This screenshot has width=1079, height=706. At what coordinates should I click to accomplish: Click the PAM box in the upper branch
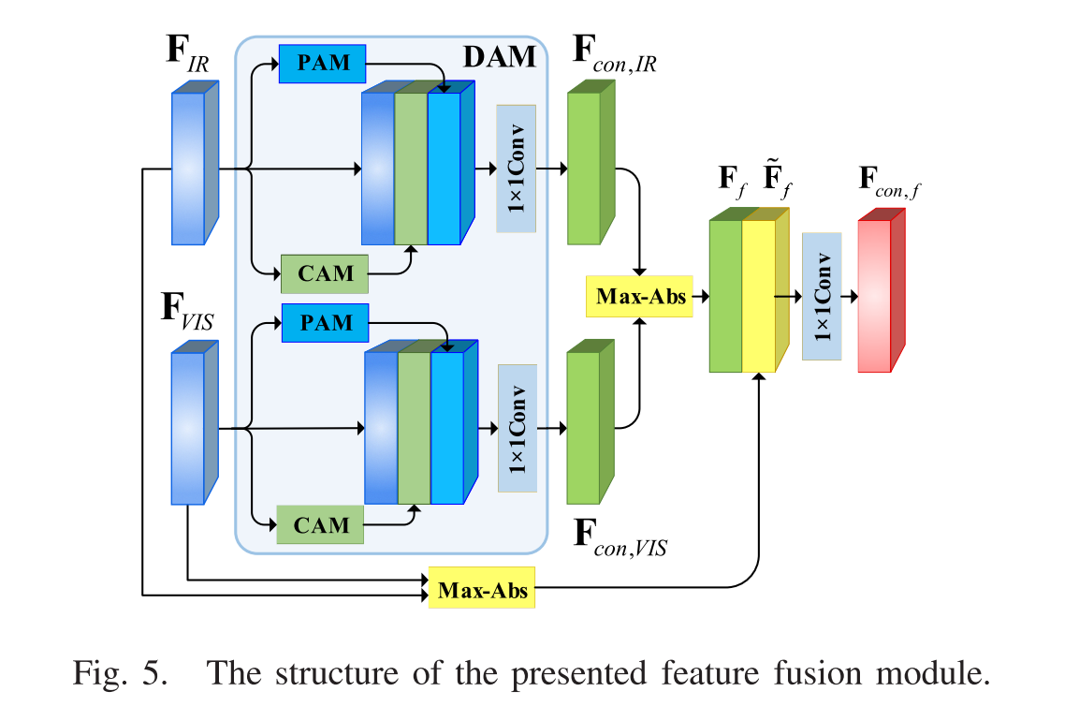click(x=323, y=63)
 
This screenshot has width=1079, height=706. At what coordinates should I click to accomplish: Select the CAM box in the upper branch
click(x=325, y=273)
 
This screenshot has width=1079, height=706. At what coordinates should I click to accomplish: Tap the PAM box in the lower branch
click(x=325, y=322)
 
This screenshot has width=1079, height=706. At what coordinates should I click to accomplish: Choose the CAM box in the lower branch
click(x=320, y=524)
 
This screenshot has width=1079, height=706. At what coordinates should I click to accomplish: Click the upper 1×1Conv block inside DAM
click(x=516, y=169)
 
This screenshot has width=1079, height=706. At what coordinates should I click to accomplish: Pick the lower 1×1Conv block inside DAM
click(x=518, y=428)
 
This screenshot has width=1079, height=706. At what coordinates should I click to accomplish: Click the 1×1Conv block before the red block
click(x=822, y=296)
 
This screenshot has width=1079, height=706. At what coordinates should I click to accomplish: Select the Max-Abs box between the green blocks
click(x=638, y=297)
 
